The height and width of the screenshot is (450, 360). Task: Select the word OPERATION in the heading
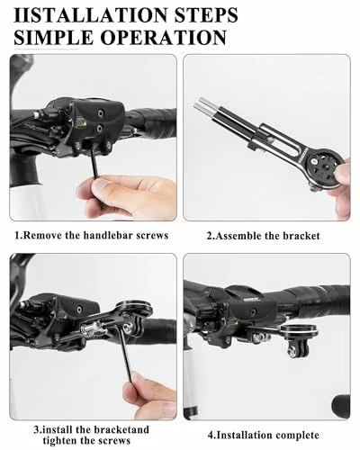click(x=163, y=37)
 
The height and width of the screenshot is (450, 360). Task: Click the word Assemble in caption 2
click(x=238, y=236)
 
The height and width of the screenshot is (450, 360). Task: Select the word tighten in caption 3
click(x=60, y=441)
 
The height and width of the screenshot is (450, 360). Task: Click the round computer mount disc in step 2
click(x=326, y=168)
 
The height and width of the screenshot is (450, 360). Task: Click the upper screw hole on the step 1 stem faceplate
click(x=99, y=113)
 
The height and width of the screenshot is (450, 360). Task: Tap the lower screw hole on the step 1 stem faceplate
click(x=99, y=129)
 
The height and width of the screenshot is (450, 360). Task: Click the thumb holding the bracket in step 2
click(x=343, y=170)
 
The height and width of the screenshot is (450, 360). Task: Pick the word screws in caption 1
click(x=152, y=235)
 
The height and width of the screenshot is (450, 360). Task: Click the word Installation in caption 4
click(x=243, y=435)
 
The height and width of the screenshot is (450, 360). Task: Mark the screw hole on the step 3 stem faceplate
click(x=79, y=309)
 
